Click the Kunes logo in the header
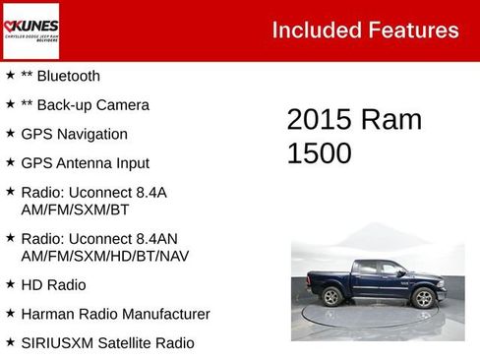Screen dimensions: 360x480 tap(30, 30)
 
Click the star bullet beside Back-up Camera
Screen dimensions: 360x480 tap(10, 104)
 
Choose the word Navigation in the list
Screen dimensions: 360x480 tap(91, 134)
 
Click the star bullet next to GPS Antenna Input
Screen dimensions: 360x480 tap(10, 162)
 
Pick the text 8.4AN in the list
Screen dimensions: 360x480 tap(152, 239)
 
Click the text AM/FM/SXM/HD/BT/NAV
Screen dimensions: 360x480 tap(104, 256)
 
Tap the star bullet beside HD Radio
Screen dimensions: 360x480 tap(10, 284)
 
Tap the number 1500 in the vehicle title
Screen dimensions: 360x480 tap(319, 153)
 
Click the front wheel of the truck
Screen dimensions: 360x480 tap(424, 297)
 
